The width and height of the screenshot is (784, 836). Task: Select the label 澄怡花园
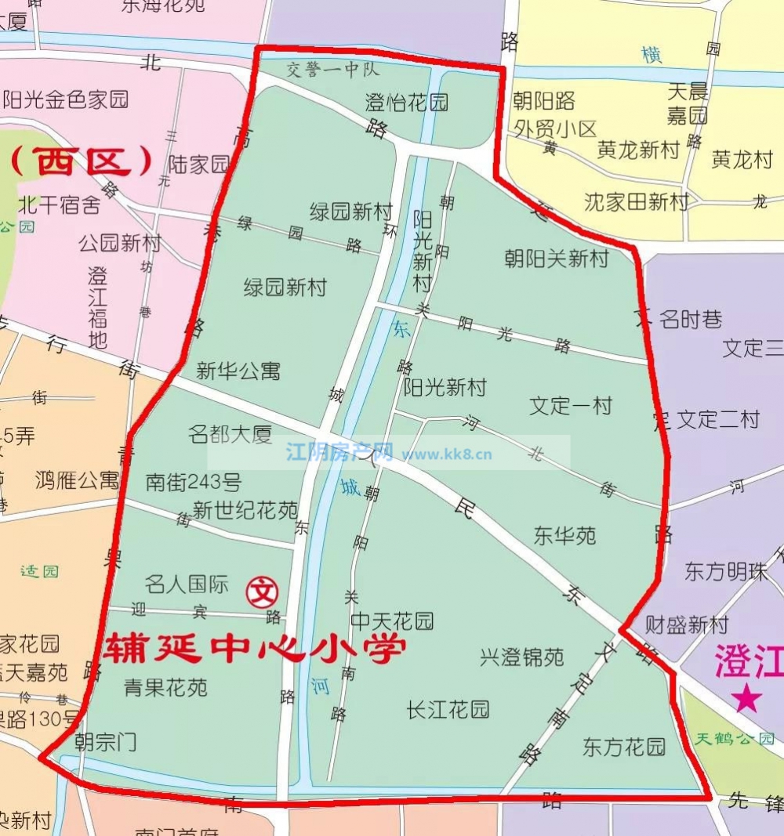407,102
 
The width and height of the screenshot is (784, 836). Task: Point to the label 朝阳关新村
557,259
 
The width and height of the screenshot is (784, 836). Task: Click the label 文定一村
571,406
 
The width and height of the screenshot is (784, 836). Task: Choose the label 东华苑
565,536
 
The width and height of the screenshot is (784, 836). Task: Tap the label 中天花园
392,621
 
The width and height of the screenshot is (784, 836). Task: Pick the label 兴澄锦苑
522,657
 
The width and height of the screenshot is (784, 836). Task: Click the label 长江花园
448,710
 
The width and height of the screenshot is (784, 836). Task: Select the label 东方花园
624,747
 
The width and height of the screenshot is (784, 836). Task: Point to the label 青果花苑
166,687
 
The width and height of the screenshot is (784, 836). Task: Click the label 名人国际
187,584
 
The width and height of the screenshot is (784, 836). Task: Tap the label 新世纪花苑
245,511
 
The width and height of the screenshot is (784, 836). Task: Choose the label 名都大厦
230,434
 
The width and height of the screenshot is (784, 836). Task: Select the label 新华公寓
238,371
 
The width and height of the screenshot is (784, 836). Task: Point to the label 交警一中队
332,70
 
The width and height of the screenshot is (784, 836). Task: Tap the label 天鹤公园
735,738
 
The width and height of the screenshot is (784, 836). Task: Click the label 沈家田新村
637,202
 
